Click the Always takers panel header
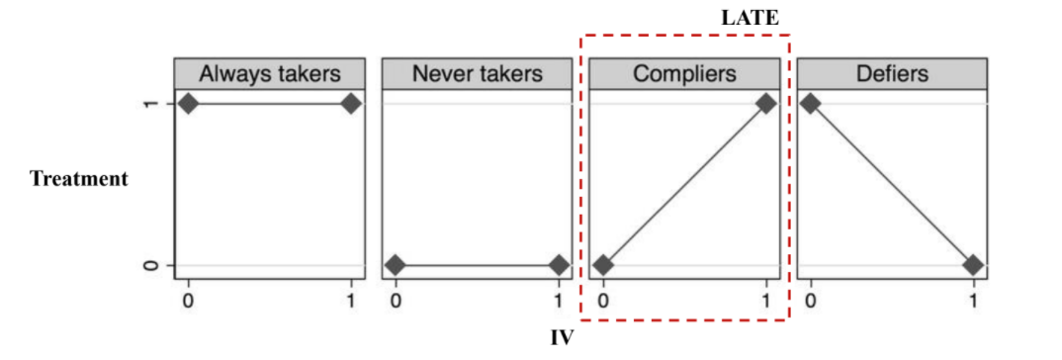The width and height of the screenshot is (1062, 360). tap(270, 74)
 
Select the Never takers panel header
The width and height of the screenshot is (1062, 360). tap(478, 74)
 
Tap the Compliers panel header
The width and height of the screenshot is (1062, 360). tap(684, 74)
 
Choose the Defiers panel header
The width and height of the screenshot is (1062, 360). tap(893, 74)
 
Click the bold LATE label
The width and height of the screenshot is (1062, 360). tap(750, 19)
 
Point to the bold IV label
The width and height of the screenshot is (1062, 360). tap(563, 337)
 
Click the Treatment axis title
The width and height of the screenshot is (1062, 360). tap(78, 180)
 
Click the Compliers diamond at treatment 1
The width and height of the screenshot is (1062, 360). tap(766, 104)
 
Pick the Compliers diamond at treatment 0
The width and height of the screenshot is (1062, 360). tap(603, 264)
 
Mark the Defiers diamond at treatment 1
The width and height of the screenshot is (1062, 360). tap(811, 104)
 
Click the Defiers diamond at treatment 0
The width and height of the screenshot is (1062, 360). tap(973, 264)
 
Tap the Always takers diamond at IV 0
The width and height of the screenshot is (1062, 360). tap(188, 104)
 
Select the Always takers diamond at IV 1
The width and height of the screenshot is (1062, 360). tap(351, 104)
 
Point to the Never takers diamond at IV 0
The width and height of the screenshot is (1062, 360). tap(397, 264)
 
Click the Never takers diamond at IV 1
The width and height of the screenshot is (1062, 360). tap(559, 264)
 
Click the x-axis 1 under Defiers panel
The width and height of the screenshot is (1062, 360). tap(973, 299)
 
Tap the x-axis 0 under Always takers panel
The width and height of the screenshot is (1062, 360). tap(188, 299)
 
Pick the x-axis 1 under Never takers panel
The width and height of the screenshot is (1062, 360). tap(559, 299)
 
